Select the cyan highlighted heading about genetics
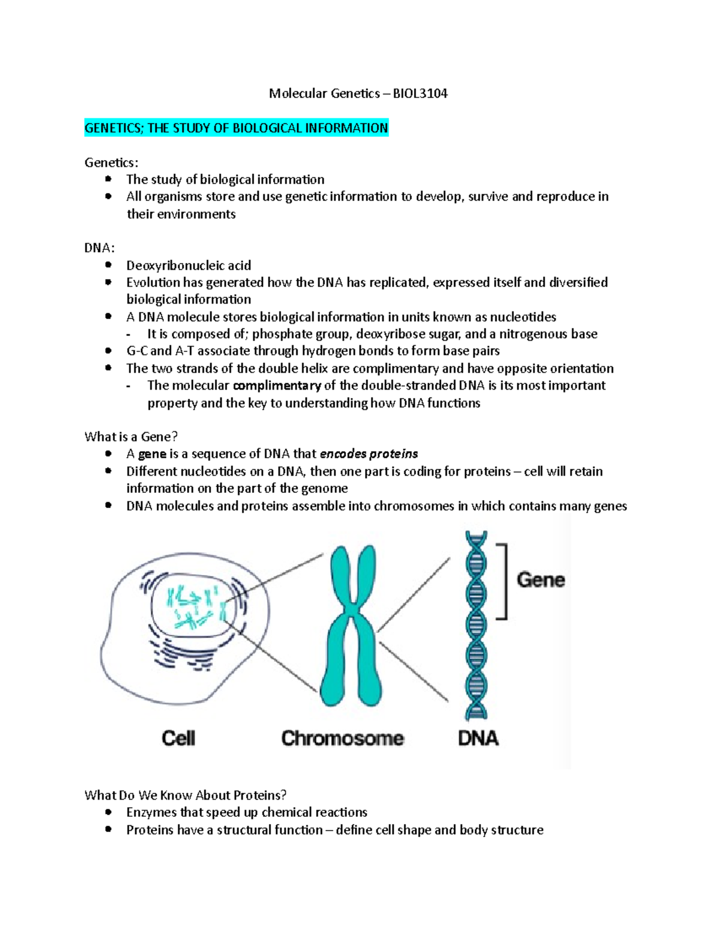click(x=236, y=128)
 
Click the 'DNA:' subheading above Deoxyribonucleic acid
click(x=100, y=248)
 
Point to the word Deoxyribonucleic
click(x=168, y=265)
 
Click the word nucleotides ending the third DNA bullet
click(x=523, y=317)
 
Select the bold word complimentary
click(x=277, y=386)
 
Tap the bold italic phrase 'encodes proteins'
click(x=369, y=454)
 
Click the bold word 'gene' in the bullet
click(x=152, y=454)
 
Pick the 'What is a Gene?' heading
click(x=131, y=437)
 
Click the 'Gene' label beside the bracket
click(x=540, y=580)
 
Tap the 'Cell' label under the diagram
click(x=178, y=738)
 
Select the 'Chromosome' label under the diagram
click(x=342, y=738)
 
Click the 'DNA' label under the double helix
click(x=478, y=738)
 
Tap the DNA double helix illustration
click(x=476, y=624)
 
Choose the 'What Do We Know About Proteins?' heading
click(x=185, y=795)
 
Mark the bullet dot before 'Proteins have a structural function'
click(x=108, y=829)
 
